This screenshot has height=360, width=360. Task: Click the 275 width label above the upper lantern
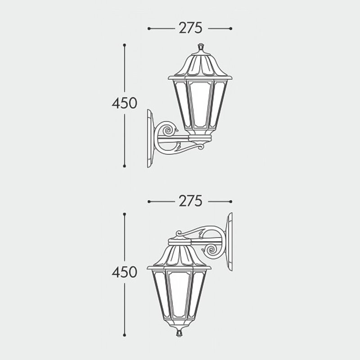190,28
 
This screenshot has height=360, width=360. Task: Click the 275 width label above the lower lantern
190,201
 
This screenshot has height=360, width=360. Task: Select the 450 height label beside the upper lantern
124,103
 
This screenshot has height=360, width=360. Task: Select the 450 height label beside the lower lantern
124,272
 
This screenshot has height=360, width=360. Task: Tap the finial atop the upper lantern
201,47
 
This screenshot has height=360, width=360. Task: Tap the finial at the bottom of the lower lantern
179,333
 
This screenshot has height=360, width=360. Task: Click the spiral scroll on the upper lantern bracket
169,131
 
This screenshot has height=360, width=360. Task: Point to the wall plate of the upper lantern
150,138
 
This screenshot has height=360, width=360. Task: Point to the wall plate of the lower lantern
229,242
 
